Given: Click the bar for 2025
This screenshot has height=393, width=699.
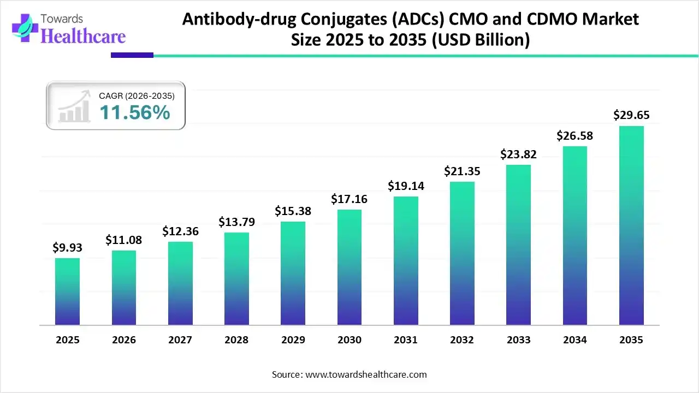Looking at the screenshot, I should click(x=67, y=291).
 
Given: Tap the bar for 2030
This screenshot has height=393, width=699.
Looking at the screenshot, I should click(x=349, y=267).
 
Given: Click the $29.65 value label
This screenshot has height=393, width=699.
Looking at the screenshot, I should click(x=631, y=115).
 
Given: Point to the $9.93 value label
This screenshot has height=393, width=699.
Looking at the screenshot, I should click(x=67, y=247).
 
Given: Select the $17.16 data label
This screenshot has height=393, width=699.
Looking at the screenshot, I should click(x=349, y=199).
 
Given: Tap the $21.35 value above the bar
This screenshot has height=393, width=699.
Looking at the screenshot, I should click(x=462, y=171).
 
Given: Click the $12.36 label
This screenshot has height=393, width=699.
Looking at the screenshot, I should click(x=180, y=231).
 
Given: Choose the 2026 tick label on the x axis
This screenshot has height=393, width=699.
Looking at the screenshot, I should click(x=124, y=340).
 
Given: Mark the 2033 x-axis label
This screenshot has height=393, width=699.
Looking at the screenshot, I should click(x=518, y=340).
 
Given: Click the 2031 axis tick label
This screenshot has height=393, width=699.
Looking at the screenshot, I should click(x=406, y=340).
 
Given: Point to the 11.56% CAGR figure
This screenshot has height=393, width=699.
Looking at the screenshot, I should click(x=134, y=112).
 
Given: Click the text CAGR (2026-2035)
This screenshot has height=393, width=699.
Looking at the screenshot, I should click(x=137, y=96).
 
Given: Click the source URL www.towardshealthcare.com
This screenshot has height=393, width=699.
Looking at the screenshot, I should click(x=365, y=374).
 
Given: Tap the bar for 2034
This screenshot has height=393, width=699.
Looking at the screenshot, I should click(x=575, y=235).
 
